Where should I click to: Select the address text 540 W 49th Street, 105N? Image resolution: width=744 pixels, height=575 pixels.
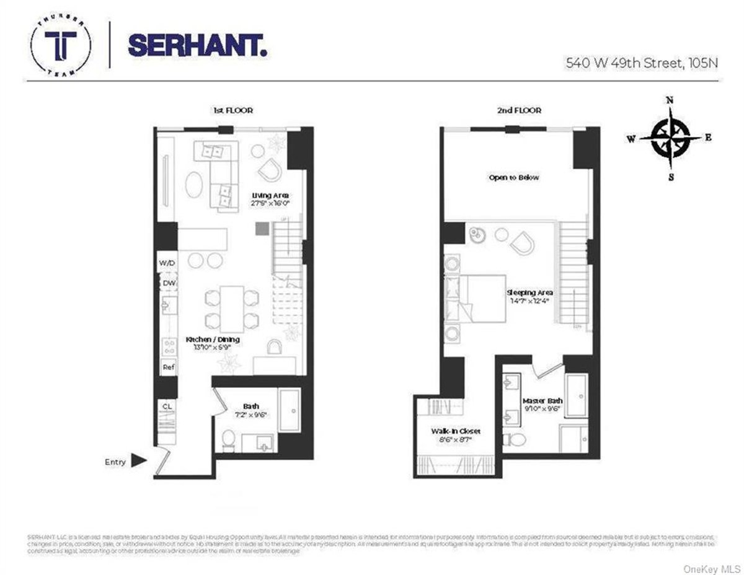642,63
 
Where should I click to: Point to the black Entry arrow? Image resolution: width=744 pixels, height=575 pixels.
139,460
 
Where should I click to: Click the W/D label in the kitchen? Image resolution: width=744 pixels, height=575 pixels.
167,263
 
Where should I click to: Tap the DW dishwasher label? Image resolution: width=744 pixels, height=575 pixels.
169,284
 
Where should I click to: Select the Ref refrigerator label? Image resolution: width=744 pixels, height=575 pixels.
168,367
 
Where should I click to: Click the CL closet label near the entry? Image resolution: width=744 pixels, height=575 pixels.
167,406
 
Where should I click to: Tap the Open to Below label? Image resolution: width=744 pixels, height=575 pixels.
514,177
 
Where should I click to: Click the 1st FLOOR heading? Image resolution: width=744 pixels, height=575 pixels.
231,110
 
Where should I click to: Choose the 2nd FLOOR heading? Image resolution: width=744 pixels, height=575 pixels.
520,110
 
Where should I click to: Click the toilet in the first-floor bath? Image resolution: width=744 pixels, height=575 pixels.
228,441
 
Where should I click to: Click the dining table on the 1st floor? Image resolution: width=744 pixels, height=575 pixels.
231,308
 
